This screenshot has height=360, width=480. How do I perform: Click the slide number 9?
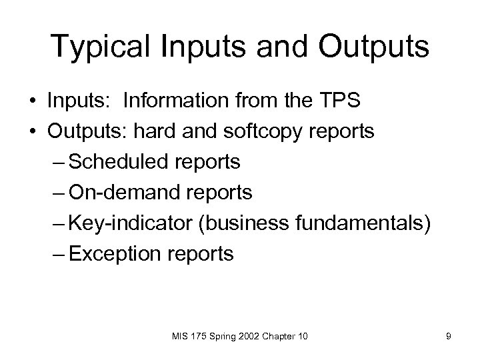click(x=449, y=337)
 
